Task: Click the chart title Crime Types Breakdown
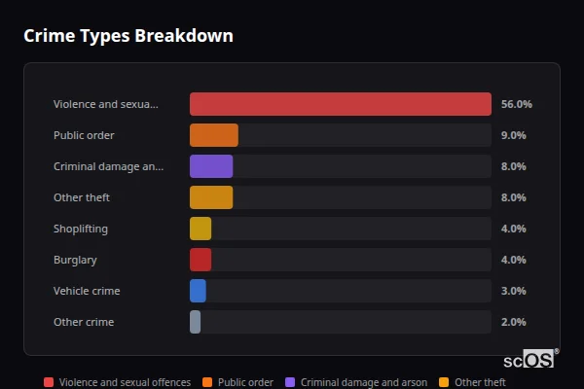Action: point(128,37)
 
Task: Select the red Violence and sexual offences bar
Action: point(341,104)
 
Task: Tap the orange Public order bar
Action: point(214,135)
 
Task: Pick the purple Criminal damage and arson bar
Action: point(211,166)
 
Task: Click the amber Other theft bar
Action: point(211,197)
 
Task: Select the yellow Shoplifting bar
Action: point(201,229)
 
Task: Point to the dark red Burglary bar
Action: point(201,260)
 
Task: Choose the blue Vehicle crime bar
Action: point(198,291)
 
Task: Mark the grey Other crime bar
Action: point(195,322)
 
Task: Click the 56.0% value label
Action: point(516,104)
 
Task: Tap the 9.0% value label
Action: point(513,135)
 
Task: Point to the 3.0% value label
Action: point(513,291)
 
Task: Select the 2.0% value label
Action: point(513,322)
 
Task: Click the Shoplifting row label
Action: point(81,229)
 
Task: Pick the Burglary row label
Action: point(75,260)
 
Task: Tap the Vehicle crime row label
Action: point(87,291)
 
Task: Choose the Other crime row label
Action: point(84,322)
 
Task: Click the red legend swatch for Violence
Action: point(49,382)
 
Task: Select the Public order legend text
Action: point(245,382)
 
